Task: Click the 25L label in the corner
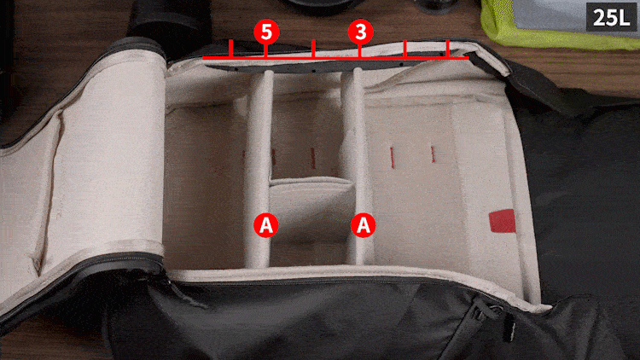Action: (611, 17)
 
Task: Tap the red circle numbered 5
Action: (266, 32)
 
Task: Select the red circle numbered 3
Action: (360, 32)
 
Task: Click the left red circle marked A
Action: (266, 225)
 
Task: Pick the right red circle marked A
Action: (364, 225)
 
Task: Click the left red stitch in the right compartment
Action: (393, 154)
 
